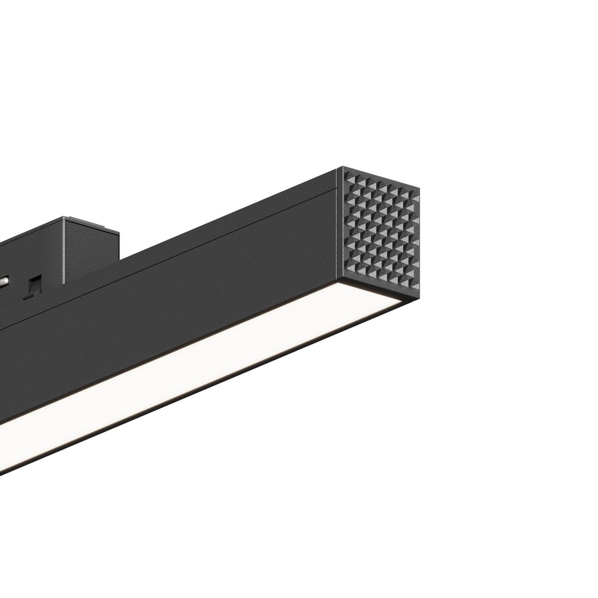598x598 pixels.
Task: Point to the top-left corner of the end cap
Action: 339,167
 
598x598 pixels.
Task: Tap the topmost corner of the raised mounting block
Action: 64,217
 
